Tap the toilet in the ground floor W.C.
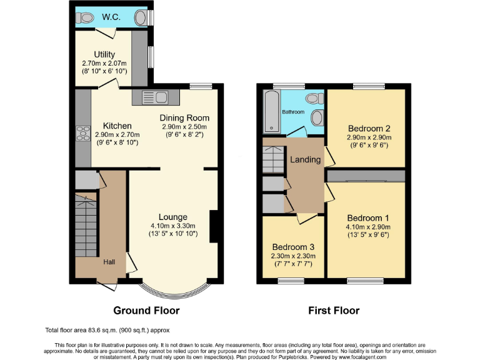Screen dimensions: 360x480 (85, 17)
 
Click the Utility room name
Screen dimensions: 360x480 (104, 54)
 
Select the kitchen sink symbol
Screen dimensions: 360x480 (154, 97)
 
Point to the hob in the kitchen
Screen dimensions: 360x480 (82, 134)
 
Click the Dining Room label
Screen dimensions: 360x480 (184, 117)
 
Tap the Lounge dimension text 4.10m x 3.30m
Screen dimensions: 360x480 (173, 226)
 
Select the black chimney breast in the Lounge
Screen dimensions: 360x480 (213, 226)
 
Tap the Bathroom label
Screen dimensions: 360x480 (292, 112)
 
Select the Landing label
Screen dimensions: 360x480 (304, 159)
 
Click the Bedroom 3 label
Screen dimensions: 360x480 (293, 247)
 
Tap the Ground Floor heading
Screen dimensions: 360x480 (146, 310)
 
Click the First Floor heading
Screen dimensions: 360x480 (333, 310)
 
